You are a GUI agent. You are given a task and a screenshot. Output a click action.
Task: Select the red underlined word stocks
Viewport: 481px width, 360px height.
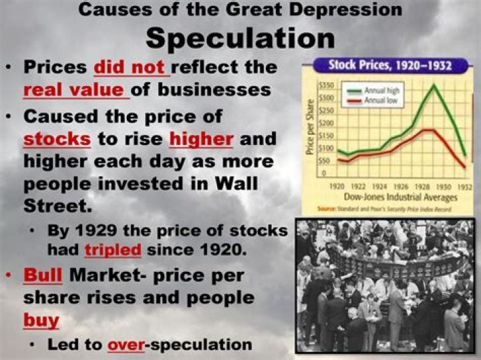[x=56, y=140]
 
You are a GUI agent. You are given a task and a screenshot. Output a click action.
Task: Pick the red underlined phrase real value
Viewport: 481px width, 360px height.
[x=74, y=90]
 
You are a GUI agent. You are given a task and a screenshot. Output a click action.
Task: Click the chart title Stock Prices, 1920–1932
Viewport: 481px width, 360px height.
[x=389, y=65]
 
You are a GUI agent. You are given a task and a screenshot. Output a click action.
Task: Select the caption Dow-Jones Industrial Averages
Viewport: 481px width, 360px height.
[x=400, y=198]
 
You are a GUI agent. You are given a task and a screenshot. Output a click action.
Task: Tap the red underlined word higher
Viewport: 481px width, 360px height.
[x=201, y=140]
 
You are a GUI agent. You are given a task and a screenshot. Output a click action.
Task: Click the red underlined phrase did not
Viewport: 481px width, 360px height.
[x=132, y=68]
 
